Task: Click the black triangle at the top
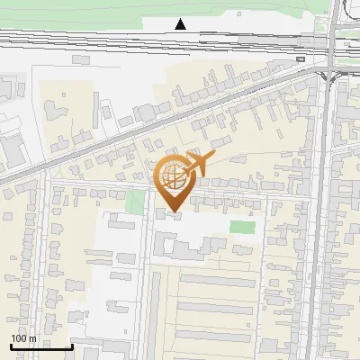tap(181, 24)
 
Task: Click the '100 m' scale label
tap(23, 338)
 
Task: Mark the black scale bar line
tap(40, 346)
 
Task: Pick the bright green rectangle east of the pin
tap(241, 227)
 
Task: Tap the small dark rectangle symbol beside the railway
tap(301, 59)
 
